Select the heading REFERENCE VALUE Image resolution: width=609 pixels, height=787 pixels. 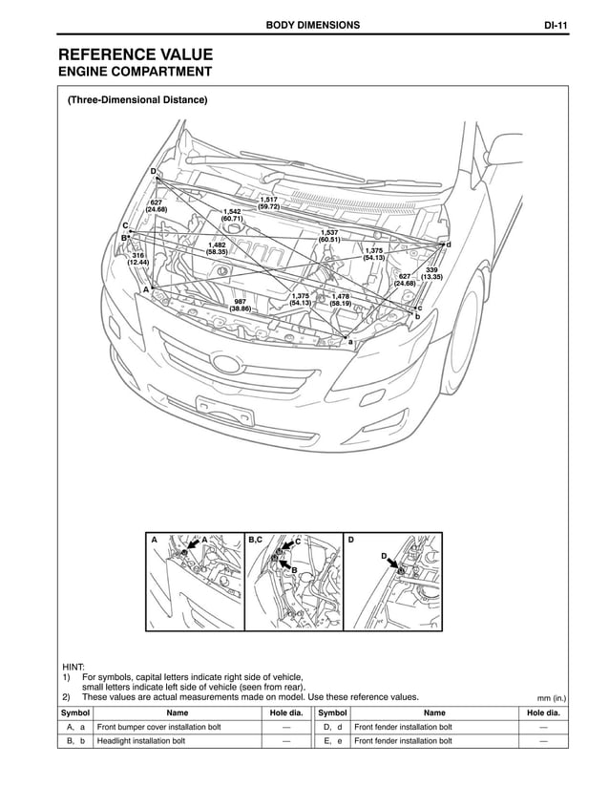(136, 54)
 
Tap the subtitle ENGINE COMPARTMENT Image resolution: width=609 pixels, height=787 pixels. (135, 73)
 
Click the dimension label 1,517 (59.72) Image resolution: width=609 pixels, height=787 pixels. (268, 202)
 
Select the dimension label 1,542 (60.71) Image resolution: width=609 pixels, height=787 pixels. (232, 215)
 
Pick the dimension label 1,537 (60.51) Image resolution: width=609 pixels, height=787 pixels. (329, 236)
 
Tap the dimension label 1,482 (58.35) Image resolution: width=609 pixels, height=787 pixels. (217, 248)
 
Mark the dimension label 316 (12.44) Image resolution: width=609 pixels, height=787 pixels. (138, 259)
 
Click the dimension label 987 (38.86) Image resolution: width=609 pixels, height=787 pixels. (240, 305)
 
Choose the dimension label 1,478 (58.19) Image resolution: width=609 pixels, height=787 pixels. (340, 300)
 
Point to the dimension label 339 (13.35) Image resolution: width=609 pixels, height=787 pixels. (430, 273)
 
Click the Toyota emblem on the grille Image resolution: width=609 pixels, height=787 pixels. (227, 365)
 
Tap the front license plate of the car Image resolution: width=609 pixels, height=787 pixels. (225, 414)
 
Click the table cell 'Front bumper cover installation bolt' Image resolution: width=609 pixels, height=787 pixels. (158, 727)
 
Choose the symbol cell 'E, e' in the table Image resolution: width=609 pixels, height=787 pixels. (331, 740)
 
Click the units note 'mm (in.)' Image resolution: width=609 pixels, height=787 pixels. (552, 697)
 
